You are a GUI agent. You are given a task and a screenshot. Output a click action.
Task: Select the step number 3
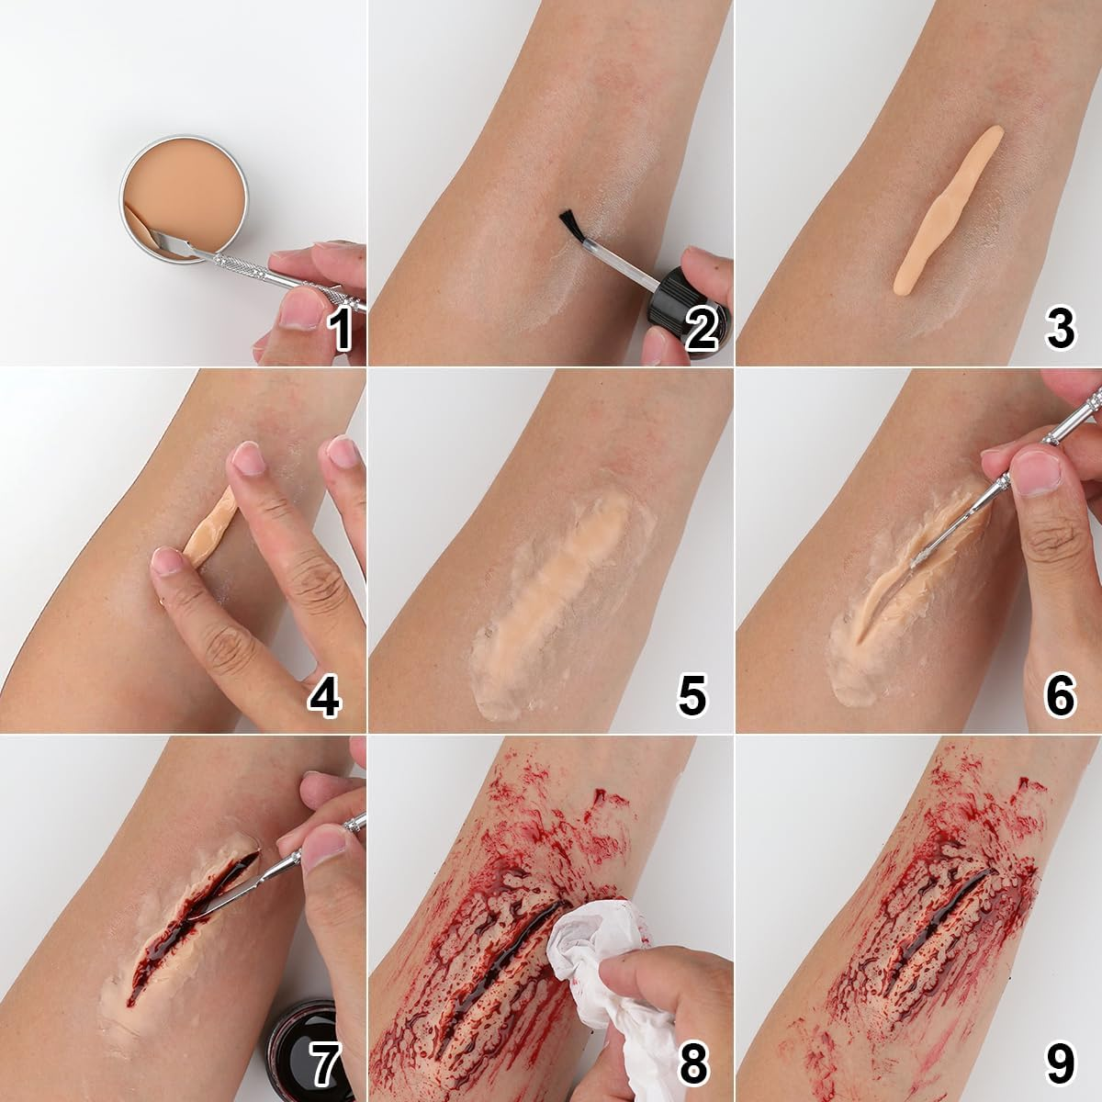point(1061,329)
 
